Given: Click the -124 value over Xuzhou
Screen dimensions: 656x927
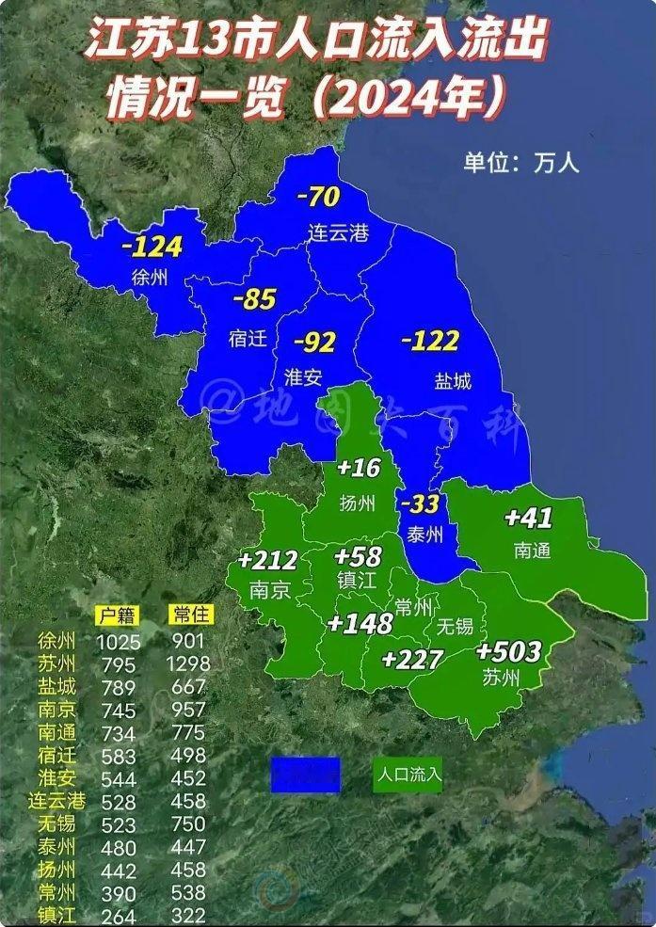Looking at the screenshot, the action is click(x=151, y=248).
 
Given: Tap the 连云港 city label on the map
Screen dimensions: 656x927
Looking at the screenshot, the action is click(x=339, y=232).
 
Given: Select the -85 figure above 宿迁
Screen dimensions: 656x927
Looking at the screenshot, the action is click(x=254, y=300).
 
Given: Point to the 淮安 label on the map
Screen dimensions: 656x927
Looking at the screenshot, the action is click(x=303, y=377).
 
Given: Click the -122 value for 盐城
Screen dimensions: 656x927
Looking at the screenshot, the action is click(x=430, y=341).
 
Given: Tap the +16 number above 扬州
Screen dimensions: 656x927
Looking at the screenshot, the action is click(x=358, y=468).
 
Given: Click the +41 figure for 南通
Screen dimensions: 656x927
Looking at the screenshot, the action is click(x=528, y=518).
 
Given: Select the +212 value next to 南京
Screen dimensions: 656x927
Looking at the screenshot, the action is click(x=267, y=562).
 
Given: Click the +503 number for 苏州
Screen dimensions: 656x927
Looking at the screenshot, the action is click(x=508, y=651).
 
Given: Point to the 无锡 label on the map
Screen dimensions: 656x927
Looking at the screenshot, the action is click(x=455, y=627).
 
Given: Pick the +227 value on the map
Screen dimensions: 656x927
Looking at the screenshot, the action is click(x=411, y=659).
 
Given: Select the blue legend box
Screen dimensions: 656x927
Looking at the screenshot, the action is click(x=305, y=775).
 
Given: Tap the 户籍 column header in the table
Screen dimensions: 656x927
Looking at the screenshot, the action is click(x=117, y=615).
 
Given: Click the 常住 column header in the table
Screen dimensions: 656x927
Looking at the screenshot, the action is click(x=191, y=615).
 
